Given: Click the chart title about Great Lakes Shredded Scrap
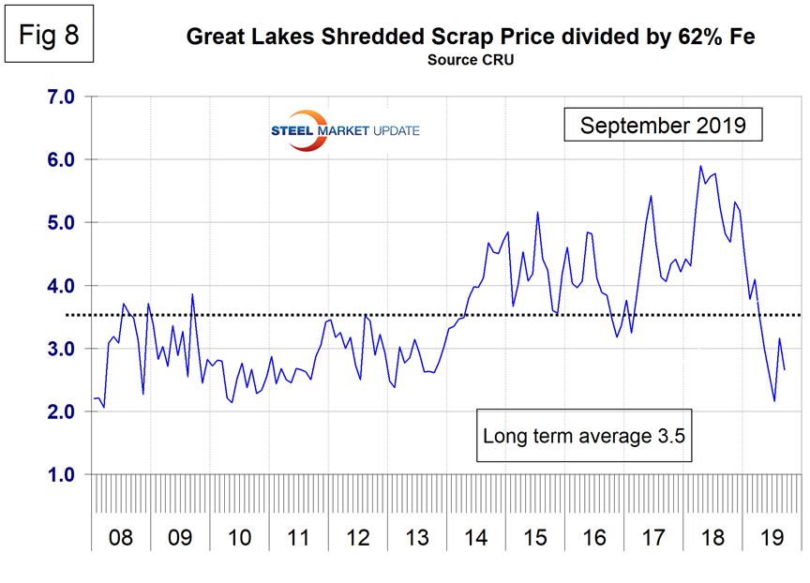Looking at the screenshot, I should [471, 37].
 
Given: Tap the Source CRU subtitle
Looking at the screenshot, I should [471, 60].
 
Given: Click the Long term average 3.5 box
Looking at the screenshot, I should [586, 436].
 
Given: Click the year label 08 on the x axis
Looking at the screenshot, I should [121, 539].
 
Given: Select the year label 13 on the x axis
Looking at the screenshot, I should [415, 539].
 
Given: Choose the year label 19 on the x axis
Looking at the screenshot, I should [771, 539].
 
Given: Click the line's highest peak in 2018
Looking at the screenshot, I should [700, 166].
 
